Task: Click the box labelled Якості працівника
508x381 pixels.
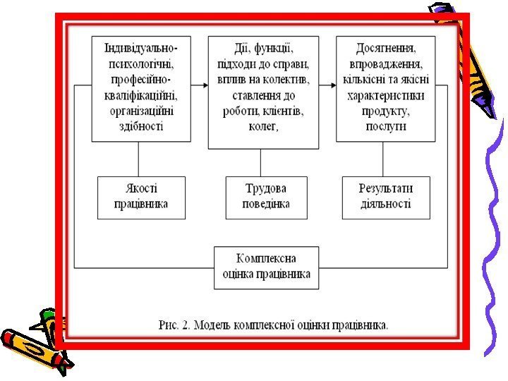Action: [141, 198]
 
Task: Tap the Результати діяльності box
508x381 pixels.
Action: [385, 198]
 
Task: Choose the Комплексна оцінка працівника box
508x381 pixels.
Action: [266, 267]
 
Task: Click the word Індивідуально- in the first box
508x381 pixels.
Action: [141, 48]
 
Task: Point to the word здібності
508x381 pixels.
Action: [141, 126]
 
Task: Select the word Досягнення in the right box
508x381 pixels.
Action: [385, 49]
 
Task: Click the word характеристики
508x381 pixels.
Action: [385, 95]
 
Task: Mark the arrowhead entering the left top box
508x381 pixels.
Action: [90, 86]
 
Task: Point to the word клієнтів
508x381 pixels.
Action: [281, 111]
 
